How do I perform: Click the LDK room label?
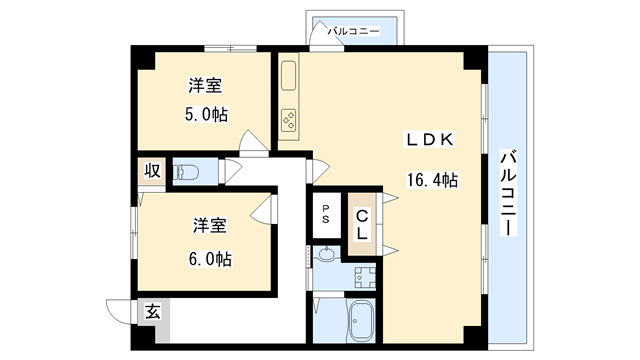click(x=431, y=140)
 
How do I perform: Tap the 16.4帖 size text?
click(x=432, y=181)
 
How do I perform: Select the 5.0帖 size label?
click(x=208, y=114)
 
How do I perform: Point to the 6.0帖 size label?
click(x=211, y=259)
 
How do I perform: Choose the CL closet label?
click(x=362, y=222)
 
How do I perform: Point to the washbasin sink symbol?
click(x=326, y=256)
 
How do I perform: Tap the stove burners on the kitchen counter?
click(x=289, y=121)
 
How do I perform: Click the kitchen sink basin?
click(x=289, y=76)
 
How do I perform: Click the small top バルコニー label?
click(x=358, y=32)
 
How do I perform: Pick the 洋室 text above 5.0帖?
click(x=208, y=85)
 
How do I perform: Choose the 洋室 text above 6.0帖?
click(x=211, y=226)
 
